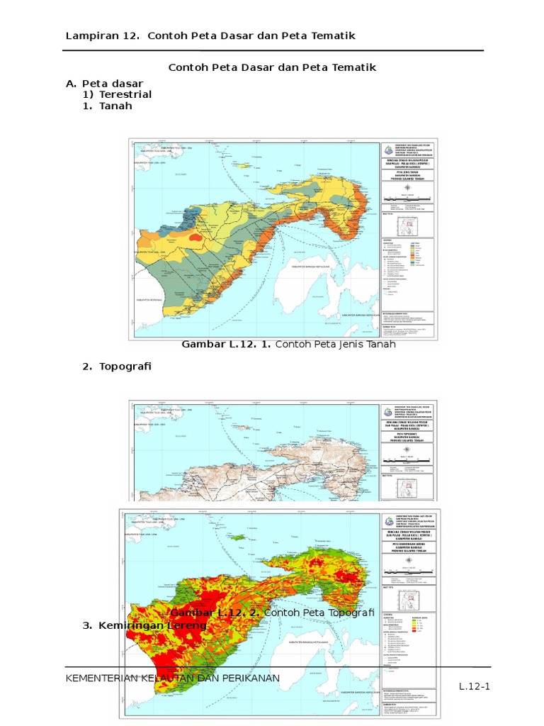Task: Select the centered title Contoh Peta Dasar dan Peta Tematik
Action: click(271, 67)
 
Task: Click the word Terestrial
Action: click(125, 94)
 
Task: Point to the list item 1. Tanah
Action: click(108, 106)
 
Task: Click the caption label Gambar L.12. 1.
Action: click(227, 345)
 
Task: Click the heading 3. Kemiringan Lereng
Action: click(145, 626)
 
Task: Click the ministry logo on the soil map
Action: click(386, 150)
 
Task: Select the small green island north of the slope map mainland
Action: click(240, 537)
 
